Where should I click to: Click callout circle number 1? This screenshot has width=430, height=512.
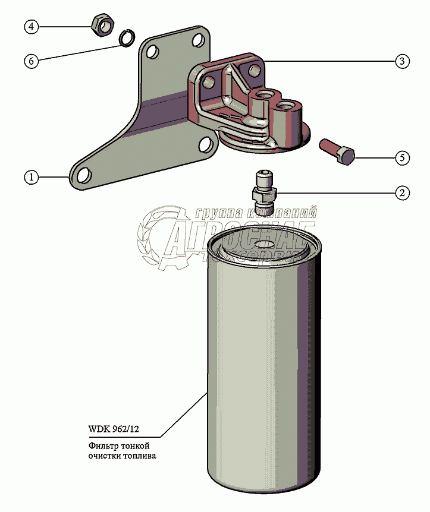point(32,177)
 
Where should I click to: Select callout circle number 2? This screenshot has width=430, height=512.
point(402,192)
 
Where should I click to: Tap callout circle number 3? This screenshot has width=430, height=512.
point(402,61)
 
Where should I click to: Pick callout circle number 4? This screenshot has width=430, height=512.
point(32,26)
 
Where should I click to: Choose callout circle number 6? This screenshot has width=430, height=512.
point(32,61)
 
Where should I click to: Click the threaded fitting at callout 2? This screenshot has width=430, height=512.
point(262,191)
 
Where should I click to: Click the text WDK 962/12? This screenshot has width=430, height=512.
point(115,429)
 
